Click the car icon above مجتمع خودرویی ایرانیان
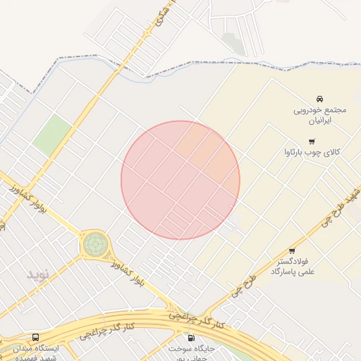(x=320, y=98)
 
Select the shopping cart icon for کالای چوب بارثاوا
(x=312, y=141)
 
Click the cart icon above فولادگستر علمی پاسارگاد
(x=292, y=251)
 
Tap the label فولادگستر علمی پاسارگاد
(x=291, y=266)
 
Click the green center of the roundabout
(x=94, y=244)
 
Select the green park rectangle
(x=53, y=135)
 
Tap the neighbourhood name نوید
(x=39, y=274)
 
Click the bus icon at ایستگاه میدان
(x=35, y=337)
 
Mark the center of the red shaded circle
(x=180, y=180)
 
